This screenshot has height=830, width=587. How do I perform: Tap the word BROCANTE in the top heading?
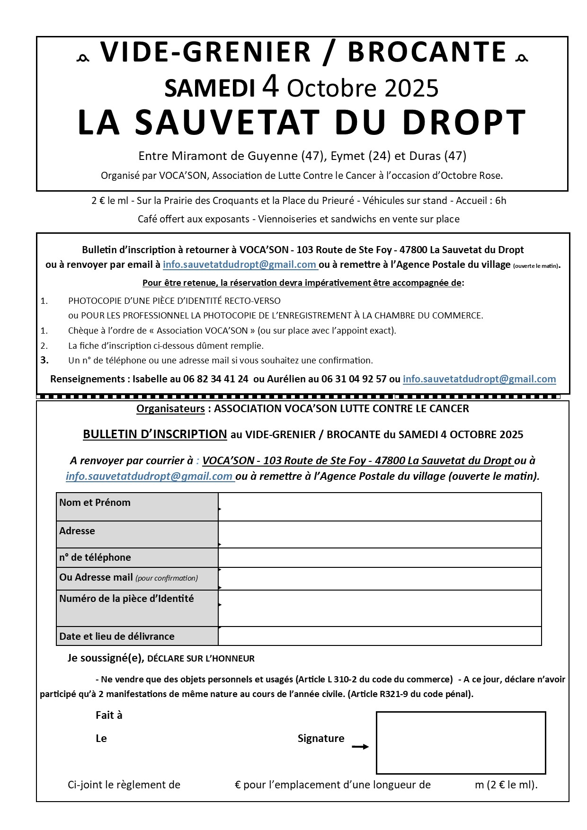point(427,52)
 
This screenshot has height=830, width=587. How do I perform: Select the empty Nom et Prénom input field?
point(380,507)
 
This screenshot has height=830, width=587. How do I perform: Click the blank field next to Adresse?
point(380,534)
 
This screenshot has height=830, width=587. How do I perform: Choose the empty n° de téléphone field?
point(380,557)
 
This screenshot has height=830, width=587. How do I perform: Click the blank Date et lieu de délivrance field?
point(380,636)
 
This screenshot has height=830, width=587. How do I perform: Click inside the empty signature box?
point(461,742)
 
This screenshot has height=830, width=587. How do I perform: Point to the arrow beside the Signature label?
point(360,747)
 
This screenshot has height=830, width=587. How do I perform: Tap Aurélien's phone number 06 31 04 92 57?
point(354,379)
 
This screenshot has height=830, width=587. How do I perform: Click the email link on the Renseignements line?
point(479,379)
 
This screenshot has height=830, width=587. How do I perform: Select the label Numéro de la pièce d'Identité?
point(126,599)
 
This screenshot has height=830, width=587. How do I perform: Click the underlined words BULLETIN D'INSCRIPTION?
point(155,434)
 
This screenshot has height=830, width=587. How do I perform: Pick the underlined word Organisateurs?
point(170,408)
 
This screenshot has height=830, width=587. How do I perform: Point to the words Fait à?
point(109,715)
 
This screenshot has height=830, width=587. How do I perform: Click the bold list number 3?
point(44,360)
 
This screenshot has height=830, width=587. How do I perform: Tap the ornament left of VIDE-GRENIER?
point(83,58)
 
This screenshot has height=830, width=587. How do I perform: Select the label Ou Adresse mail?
point(96,577)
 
